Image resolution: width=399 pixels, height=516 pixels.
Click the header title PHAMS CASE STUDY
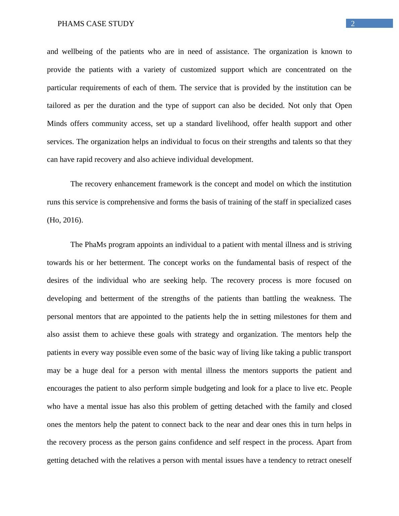coord(96,24)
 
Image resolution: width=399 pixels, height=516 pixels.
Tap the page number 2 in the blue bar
coord(353,23)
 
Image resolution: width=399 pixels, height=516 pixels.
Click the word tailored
coord(58,106)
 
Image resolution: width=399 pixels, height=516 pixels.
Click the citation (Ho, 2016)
coord(65,220)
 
